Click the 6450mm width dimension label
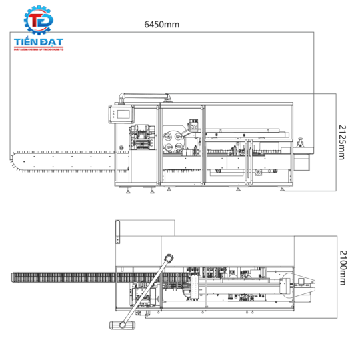pyautogui.click(x=162, y=25)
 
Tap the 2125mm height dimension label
pyautogui.click(x=341, y=142)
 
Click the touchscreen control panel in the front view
pyautogui.click(x=122, y=115)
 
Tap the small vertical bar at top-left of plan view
pyautogui.click(x=117, y=231)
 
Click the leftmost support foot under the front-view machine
pyautogui.click(x=128, y=193)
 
